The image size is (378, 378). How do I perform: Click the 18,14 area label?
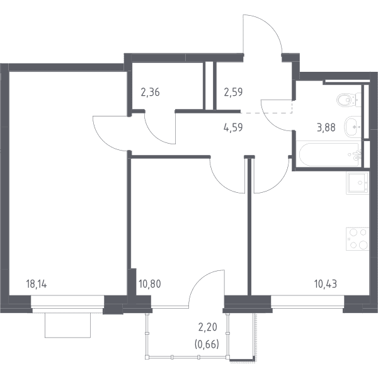(37, 284)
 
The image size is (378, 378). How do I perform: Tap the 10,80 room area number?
(150, 284)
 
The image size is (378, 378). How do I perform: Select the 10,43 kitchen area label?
(326, 284)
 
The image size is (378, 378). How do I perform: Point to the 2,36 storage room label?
(150, 93)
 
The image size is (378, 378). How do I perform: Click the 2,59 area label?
(233, 93)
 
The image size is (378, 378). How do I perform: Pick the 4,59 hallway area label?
(233, 127)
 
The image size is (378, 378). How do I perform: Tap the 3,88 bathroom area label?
(326, 127)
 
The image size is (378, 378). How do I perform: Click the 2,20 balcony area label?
(207, 327)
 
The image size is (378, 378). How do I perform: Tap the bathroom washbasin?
(352, 127)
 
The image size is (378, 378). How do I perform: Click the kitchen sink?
(357, 183)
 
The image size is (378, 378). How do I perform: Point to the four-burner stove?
(357, 239)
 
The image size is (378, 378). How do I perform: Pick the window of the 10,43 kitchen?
(307, 304)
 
